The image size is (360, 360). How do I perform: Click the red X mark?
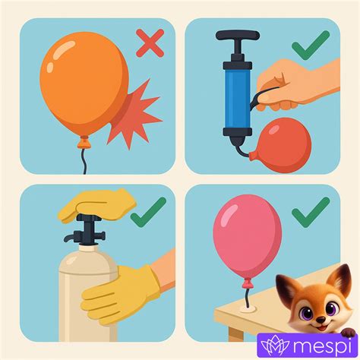tap(150, 43)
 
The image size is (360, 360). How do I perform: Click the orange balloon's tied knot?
tap(84, 142)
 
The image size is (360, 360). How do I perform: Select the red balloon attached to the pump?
tap(281, 145)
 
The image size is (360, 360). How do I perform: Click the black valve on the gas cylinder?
tap(86, 230)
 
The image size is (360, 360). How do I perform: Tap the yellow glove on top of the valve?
tap(97, 205)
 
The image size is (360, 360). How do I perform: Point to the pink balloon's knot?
tap(248, 284)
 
